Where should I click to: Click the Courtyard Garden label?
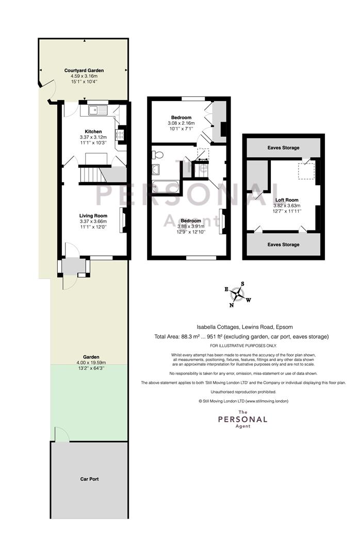84,71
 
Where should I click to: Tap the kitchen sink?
97,110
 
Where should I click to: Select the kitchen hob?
119,134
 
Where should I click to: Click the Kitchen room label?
93,132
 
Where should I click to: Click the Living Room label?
93,216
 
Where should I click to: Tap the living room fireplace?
123,220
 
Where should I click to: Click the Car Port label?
89,479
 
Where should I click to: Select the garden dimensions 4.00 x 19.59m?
91,363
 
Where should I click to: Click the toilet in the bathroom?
157,155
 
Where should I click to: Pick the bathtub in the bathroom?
166,187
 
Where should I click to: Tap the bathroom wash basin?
156,170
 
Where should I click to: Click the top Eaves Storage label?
283,148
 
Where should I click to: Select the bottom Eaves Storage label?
283,245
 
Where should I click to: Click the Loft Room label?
287,200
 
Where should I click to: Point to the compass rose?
237,294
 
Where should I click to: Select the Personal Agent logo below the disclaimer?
243,419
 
